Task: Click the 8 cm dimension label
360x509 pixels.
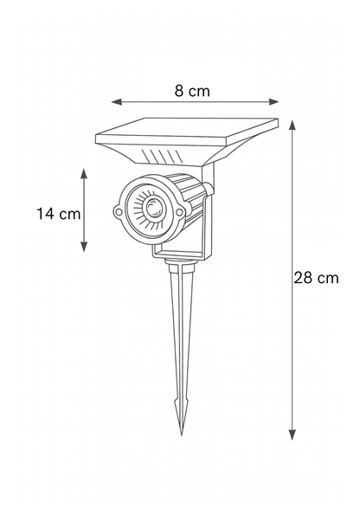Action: (x=192, y=91)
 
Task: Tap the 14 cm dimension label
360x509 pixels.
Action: (x=59, y=214)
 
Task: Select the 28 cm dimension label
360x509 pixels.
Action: (x=316, y=278)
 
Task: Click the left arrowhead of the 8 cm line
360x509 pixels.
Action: (x=117, y=102)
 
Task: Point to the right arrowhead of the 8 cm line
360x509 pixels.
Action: (x=274, y=102)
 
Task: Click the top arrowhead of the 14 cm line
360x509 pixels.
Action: (x=84, y=174)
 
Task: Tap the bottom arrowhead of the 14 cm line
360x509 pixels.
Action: (x=84, y=247)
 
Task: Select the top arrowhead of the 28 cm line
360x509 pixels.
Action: (x=292, y=126)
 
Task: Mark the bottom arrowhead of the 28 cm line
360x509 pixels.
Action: (x=292, y=435)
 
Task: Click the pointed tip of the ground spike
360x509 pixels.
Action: (x=182, y=435)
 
